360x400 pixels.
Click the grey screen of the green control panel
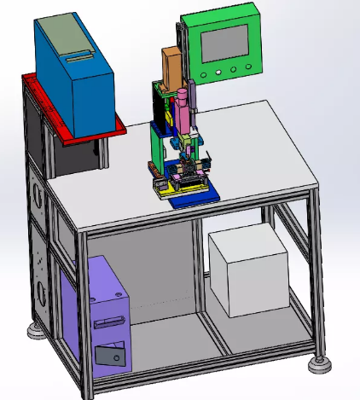coord(223,41)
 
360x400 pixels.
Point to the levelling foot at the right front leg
coord(320,364)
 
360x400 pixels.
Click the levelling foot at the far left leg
coord(35,329)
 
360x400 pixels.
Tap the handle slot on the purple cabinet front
coord(106,322)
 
